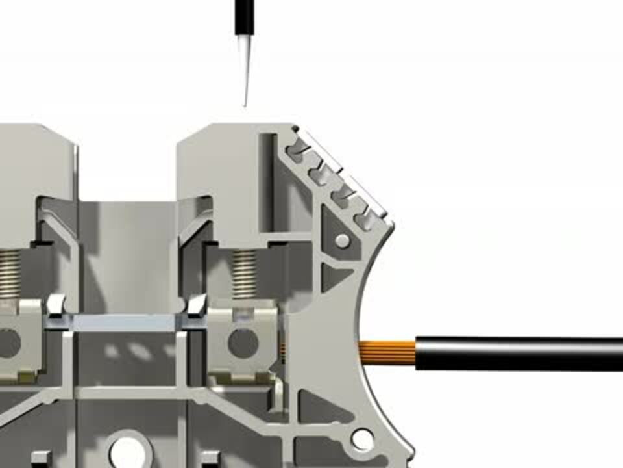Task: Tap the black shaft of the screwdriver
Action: coord(243,17)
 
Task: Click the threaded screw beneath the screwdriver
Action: coord(245,274)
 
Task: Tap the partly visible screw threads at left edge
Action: coord(9,274)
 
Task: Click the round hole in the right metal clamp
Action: coord(243,343)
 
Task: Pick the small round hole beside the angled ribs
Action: coord(342,241)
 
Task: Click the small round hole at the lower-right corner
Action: coord(362,440)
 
